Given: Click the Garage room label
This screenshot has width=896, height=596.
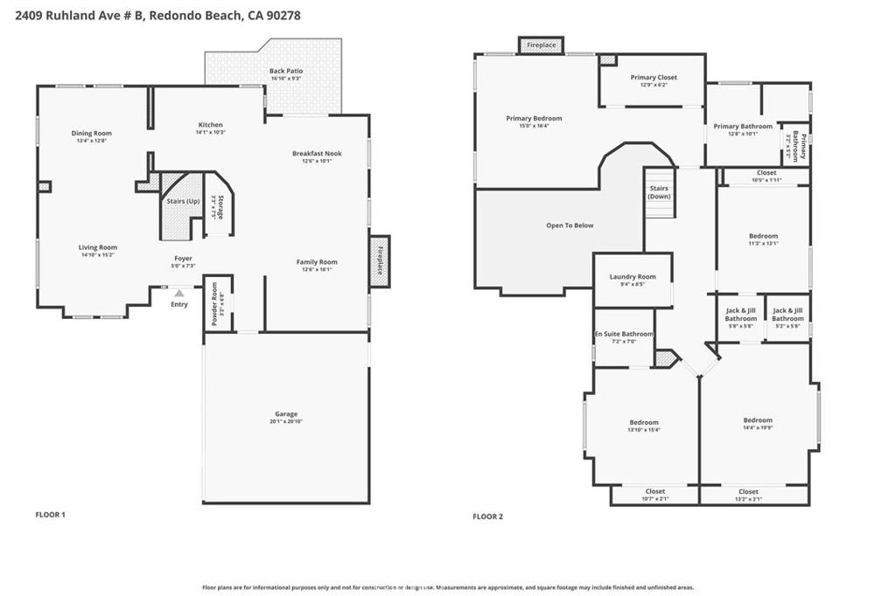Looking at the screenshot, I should (x=285, y=413).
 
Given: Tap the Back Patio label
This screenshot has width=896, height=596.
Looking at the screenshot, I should (x=285, y=71).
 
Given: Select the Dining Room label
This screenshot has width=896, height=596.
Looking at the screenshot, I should (x=92, y=134).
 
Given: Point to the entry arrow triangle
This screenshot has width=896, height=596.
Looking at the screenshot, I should (x=178, y=294).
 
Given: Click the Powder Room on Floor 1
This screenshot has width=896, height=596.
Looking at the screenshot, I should (x=218, y=303).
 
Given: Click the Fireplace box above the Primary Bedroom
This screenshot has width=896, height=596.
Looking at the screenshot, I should (x=541, y=45).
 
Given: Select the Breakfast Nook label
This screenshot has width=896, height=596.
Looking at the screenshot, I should (x=317, y=153).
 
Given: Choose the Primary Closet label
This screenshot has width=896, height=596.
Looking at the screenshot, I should (x=654, y=77).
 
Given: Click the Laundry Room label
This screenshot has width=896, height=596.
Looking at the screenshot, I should (x=632, y=276).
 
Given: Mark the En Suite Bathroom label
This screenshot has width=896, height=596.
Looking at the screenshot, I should (x=624, y=334).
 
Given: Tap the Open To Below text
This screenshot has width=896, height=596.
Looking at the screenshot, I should (x=570, y=225).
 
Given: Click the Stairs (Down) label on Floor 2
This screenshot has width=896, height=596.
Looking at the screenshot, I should (x=659, y=192).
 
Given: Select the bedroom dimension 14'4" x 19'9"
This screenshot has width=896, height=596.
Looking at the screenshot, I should (x=758, y=428).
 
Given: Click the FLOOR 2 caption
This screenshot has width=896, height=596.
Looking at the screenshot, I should (x=488, y=516).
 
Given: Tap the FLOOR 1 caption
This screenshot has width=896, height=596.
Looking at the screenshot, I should (x=50, y=515).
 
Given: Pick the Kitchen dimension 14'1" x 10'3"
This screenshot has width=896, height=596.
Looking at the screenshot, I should (x=210, y=132).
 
